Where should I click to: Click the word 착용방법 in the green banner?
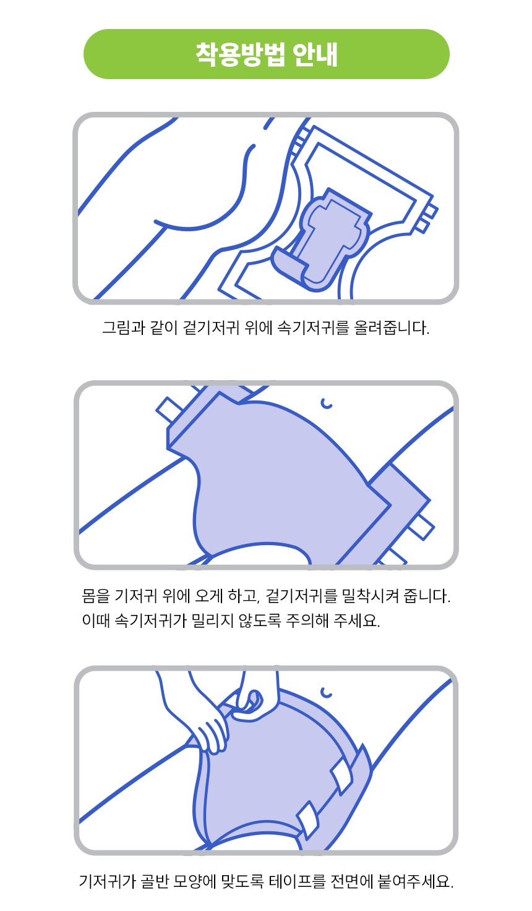click(x=240, y=54)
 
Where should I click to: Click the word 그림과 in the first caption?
click(x=124, y=328)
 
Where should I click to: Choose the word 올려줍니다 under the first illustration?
click(x=392, y=328)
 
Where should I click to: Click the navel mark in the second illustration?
click(x=327, y=403)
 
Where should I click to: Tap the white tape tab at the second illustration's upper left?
click(x=168, y=409)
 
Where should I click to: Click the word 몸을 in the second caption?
click(x=96, y=596)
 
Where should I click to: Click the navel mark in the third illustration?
click(x=326, y=692)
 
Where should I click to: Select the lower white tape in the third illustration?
click(x=308, y=820)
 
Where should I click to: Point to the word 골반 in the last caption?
click(x=154, y=881)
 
